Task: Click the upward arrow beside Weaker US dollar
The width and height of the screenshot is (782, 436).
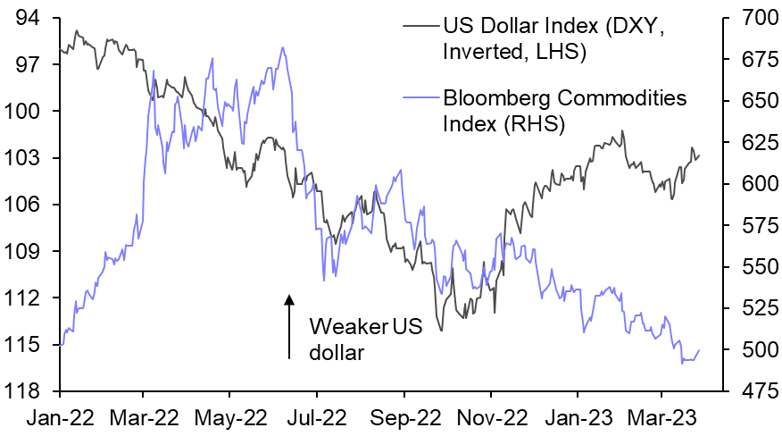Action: coord(289,327)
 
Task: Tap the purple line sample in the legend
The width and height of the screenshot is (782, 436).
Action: coord(420,96)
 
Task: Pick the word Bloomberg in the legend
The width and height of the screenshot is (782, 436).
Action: coord(495,96)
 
